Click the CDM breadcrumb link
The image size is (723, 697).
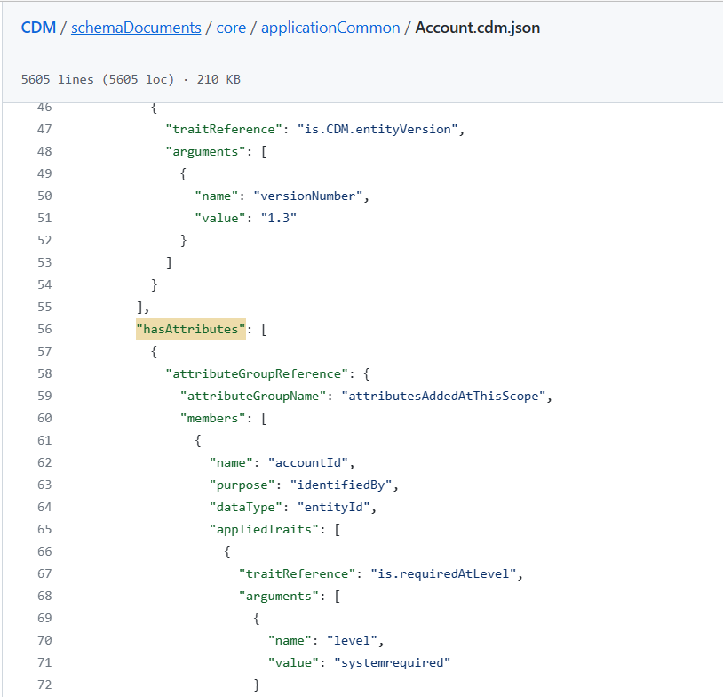[38, 28]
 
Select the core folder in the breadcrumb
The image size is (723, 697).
[233, 28]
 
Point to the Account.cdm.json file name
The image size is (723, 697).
[478, 28]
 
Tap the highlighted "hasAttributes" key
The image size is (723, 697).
[190, 329]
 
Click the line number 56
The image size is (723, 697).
[44, 329]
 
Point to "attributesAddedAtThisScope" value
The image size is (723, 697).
[447, 396]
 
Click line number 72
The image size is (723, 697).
[44, 685]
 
